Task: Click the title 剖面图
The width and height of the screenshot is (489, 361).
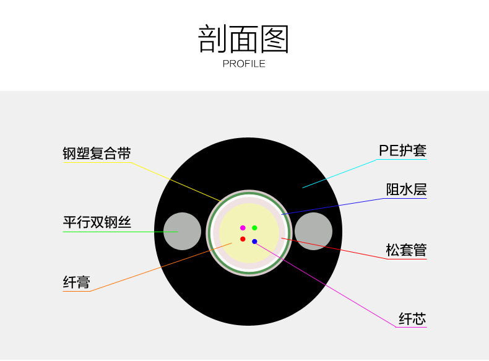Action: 244,40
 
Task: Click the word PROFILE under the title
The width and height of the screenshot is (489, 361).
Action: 244,64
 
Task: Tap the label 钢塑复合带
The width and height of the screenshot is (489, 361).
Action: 97,154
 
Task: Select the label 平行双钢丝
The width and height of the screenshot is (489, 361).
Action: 97,222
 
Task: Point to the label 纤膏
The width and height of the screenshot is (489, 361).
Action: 77,282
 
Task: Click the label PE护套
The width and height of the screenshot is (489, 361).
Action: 402,150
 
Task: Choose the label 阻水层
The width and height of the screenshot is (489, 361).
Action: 406,189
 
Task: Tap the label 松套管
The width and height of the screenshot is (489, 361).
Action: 406,250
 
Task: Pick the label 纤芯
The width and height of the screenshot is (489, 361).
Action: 412,319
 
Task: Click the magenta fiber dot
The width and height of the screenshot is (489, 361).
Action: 243,228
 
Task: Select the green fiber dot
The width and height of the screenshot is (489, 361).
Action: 254,228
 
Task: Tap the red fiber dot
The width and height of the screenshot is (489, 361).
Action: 243,239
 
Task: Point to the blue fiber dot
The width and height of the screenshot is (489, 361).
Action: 254,241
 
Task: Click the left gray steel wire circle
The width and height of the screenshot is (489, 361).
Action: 183,231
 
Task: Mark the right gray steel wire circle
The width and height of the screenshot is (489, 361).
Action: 313,231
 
